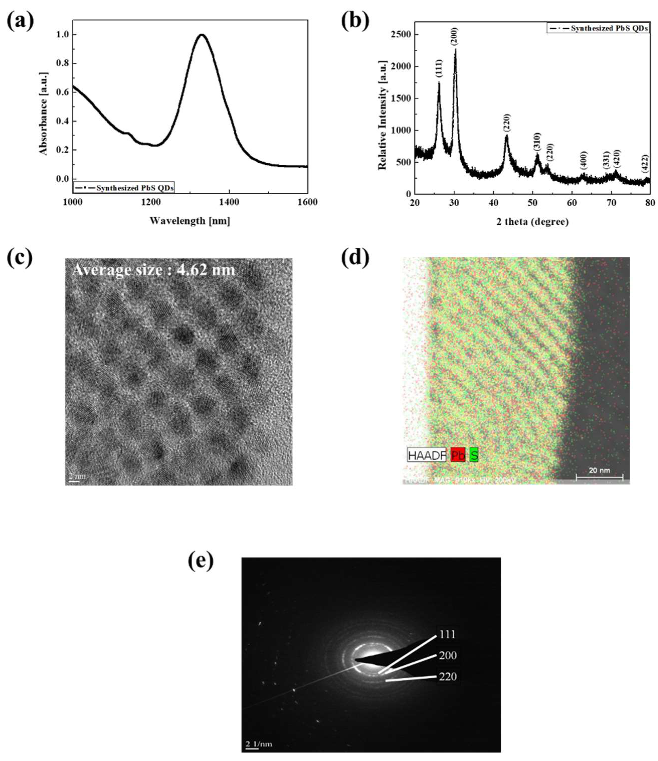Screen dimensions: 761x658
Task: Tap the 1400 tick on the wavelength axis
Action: pos(229,202)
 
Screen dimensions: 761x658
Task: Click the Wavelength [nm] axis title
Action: pos(190,221)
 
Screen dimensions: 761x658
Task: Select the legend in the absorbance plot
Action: pos(124,187)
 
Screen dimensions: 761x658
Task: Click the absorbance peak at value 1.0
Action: pos(201,35)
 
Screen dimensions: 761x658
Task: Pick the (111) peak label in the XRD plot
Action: pos(439,68)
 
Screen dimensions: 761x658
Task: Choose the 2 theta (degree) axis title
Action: pos(532,222)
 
